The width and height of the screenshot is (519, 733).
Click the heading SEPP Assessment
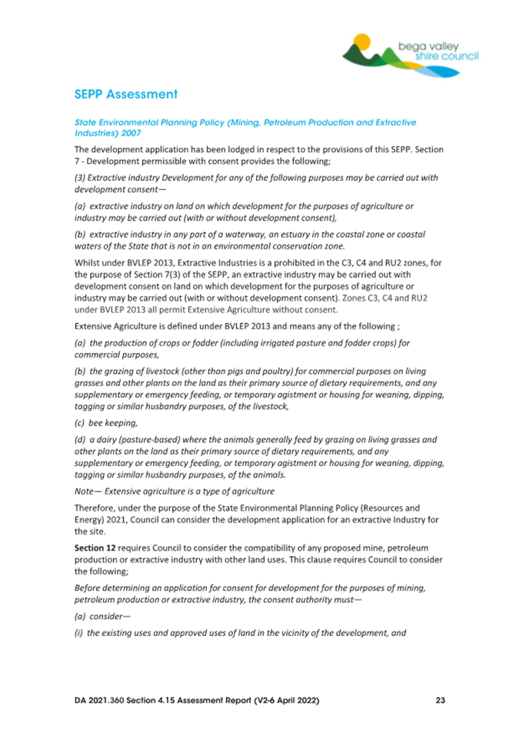click(x=126, y=95)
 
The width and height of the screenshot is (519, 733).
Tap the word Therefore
click(x=98, y=508)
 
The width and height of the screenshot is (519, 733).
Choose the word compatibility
click(x=281, y=548)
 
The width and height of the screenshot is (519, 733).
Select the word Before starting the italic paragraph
click(x=90, y=588)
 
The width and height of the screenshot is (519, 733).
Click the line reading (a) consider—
click(x=103, y=617)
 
